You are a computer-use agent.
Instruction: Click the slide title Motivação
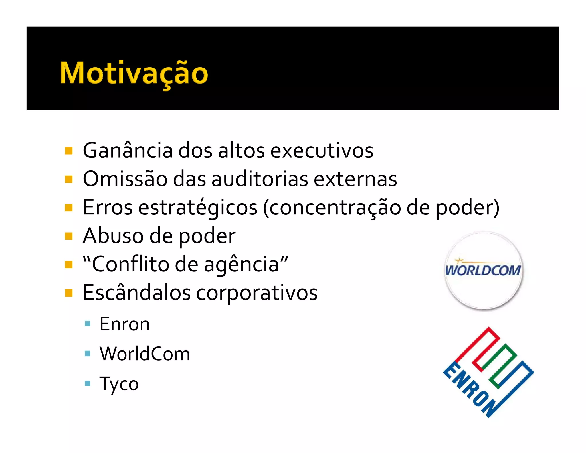(x=134, y=74)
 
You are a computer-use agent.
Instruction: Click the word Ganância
(x=128, y=150)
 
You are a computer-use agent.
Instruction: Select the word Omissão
(x=125, y=179)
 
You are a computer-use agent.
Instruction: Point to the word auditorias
(x=260, y=179)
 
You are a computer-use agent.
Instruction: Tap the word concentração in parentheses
(x=335, y=207)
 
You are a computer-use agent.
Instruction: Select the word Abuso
(x=113, y=236)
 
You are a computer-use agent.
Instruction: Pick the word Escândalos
(x=136, y=293)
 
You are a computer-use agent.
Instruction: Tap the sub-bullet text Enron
(x=124, y=324)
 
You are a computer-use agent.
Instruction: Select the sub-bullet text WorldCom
(x=144, y=354)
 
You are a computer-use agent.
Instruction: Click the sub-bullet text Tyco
(x=119, y=383)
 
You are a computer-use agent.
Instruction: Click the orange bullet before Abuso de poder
(x=69, y=236)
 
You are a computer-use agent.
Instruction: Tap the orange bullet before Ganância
(x=69, y=151)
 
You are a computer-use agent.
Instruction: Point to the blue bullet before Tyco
(x=88, y=383)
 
